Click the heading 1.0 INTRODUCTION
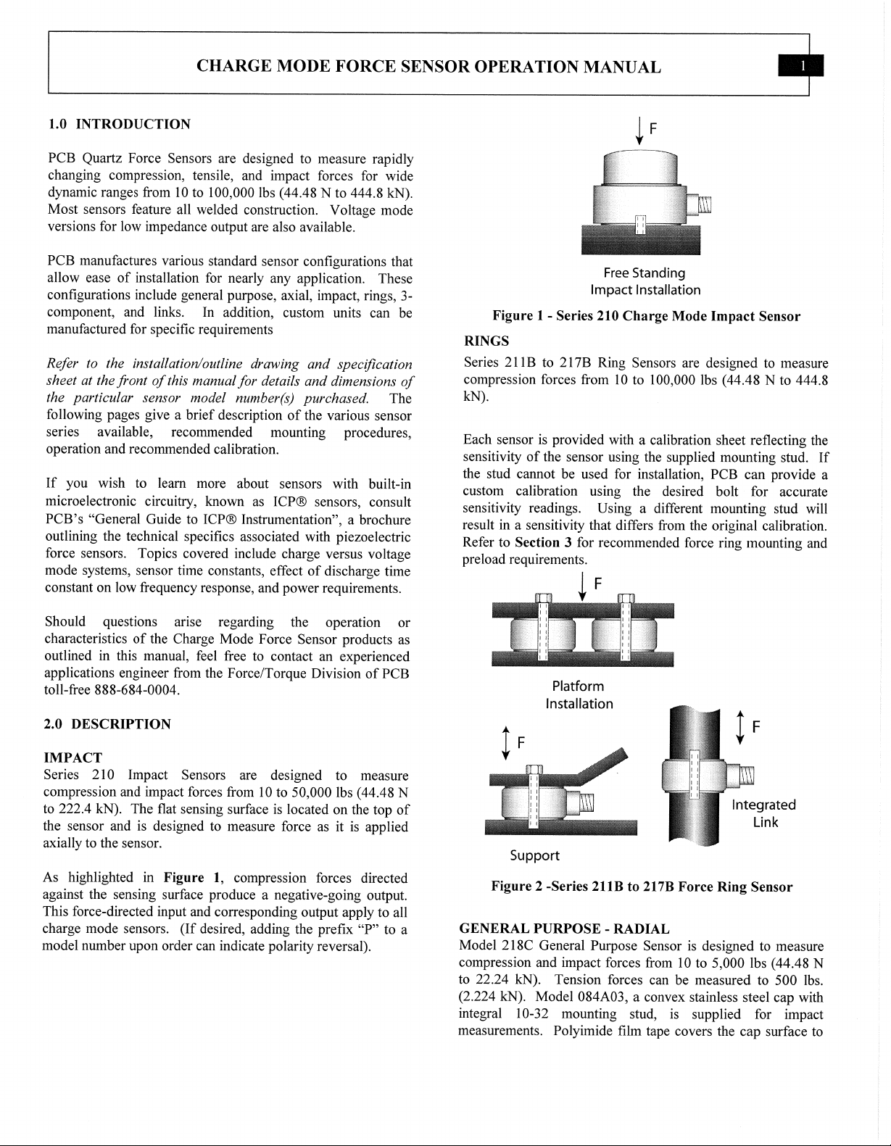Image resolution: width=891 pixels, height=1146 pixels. [118, 124]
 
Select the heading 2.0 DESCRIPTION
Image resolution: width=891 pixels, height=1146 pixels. [108, 723]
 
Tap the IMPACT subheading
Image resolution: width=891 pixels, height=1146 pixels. [73, 758]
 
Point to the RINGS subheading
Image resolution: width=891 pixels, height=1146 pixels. [486, 341]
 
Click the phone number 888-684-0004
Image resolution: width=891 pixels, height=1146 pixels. [136, 690]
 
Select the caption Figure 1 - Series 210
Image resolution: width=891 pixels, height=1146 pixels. [646, 316]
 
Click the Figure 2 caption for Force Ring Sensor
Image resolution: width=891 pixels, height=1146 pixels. [642, 887]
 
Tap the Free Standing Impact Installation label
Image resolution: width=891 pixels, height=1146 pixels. [645, 281]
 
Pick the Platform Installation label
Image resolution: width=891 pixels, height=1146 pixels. [579, 694]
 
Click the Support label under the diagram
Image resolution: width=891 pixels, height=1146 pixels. [534, 855]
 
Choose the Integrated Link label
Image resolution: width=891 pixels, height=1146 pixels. [763, 813]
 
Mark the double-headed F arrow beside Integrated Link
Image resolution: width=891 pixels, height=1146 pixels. [740, 726]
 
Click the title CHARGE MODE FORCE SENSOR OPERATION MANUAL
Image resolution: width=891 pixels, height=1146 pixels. [428, 67]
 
